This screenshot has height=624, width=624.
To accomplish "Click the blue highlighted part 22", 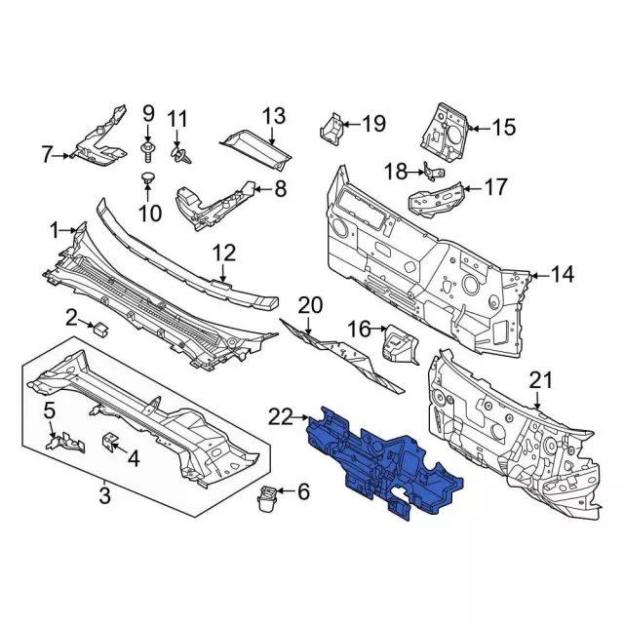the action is coord(382,461).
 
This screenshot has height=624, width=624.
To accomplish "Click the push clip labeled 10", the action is coord(148,177).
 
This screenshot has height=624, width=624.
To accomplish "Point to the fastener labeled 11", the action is coord(179,155).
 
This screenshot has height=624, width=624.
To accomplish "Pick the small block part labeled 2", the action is coord(101,329).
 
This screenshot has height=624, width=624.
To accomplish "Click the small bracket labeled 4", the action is coord(111,441).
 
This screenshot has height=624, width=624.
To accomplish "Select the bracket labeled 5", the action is coord(65,443).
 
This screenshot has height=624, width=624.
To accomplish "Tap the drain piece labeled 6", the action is coord(267,498).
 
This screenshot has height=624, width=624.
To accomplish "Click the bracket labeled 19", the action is coord(331,129).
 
